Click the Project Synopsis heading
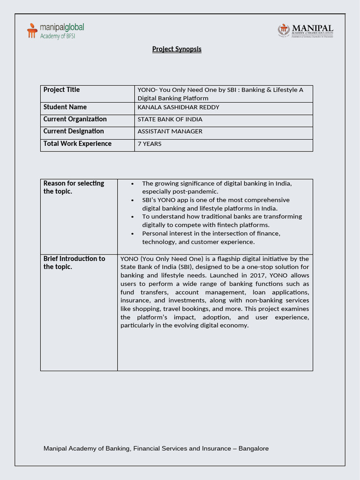177,49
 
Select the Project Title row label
61,90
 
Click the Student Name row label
65,107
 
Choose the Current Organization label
75,119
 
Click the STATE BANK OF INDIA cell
170,120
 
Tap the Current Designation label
74,131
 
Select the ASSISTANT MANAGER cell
170,132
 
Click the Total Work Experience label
77,143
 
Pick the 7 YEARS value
149,144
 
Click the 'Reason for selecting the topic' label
74,187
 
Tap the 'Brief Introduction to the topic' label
74,262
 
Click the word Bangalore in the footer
254,449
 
